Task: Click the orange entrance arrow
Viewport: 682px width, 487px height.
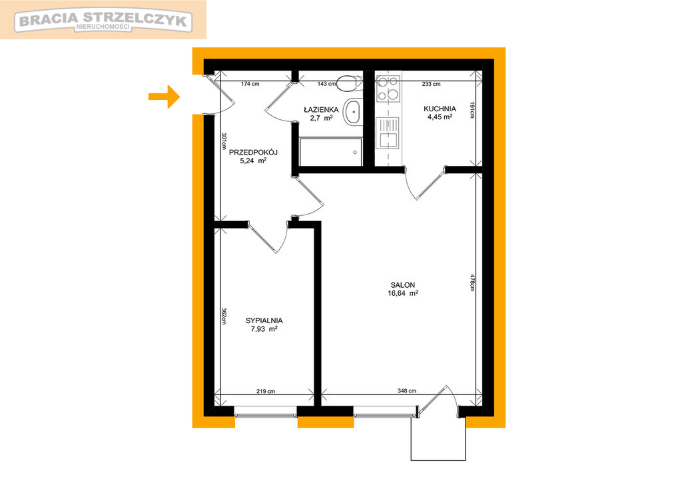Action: tap(165, 96)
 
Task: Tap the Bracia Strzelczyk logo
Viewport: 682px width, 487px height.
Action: tap(103, 21)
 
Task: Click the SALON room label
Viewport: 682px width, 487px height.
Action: tap(403, 285)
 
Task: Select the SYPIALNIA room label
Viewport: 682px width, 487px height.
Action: tap(264, 320)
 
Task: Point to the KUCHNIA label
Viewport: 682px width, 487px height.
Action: tap(440, 109)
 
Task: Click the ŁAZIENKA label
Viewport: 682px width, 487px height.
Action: tap(321, 110)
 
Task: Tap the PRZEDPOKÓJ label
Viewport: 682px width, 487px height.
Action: tap(253, 153)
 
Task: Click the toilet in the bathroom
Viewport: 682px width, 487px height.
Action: tap(348, 83)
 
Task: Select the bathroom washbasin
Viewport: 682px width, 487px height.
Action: tap(353, 113)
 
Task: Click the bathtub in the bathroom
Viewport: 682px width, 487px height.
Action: tap(330, 153)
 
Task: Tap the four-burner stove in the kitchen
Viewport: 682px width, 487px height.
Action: tap(388, 89)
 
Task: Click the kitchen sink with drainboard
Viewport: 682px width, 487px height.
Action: tap(388, 133)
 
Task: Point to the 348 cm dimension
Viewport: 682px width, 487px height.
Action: tap(407, 391)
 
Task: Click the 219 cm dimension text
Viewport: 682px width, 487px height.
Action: tap(265, 391)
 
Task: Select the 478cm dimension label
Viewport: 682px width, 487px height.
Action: tap(472, 282)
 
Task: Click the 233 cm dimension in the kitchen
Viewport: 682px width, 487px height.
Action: tap(431, 84)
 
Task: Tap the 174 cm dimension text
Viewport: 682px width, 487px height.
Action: tap(250, 84)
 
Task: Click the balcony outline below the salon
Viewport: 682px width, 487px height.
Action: tap(438, 460)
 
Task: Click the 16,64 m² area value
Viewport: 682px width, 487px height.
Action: tap(403, 293)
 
